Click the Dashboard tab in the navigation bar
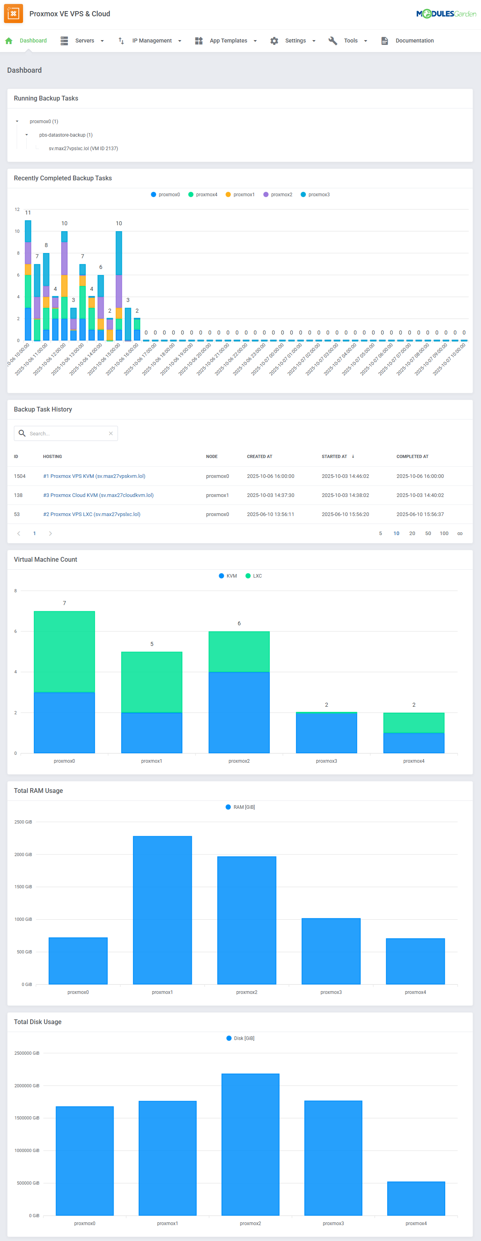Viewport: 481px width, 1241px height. tap(33, 41)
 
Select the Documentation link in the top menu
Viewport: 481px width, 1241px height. tap(414, 41)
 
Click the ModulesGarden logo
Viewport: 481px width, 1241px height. tap(446, 14)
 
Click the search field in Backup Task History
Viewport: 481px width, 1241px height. tap(68, 433)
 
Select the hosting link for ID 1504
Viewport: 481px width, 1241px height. tap(95, 476)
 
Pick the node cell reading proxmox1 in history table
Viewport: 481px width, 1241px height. tap(217, 495)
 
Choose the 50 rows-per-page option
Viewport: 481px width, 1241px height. tap(427, 533)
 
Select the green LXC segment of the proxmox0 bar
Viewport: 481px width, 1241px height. tap(64, 651)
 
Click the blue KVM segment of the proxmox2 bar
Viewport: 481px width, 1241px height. tap(239, 712)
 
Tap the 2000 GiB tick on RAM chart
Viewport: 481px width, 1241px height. tap(23, 854)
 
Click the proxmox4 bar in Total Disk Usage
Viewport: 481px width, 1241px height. tap(415, 1198)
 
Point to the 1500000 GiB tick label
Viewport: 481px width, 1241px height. tap(27, 1118)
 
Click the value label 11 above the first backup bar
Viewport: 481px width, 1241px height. tap(28, 213)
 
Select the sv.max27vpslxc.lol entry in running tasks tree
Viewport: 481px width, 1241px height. tap(83, 149)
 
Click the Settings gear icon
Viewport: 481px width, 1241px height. tap(274, 41)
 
